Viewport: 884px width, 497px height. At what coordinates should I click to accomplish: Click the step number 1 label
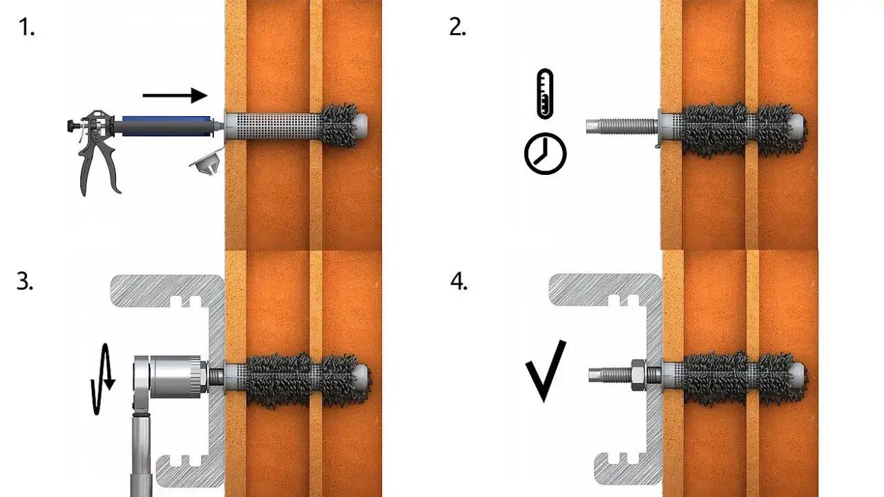point(26,28)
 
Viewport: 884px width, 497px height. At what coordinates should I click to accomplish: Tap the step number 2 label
point(458,28)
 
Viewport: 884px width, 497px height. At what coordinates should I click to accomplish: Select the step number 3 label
point(25,282)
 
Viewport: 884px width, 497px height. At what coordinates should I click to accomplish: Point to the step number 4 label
point(459,282)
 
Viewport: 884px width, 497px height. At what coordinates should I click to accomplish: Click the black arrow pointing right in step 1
point(175,95)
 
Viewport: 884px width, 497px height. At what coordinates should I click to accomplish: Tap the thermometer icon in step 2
point(545,93)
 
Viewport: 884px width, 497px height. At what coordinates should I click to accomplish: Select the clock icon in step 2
point(545,153)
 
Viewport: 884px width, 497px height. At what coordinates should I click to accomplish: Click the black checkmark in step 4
point(546,371)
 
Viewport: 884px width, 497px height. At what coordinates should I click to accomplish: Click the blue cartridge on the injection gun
point(166,126)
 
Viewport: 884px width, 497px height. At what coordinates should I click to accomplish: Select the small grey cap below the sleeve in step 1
point(205,162)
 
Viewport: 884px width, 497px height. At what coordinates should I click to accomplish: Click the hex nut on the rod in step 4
point(637,375)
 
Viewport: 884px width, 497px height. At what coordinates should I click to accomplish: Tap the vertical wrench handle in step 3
point(141,454)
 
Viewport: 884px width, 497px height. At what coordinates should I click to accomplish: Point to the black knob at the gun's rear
point(71,126)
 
